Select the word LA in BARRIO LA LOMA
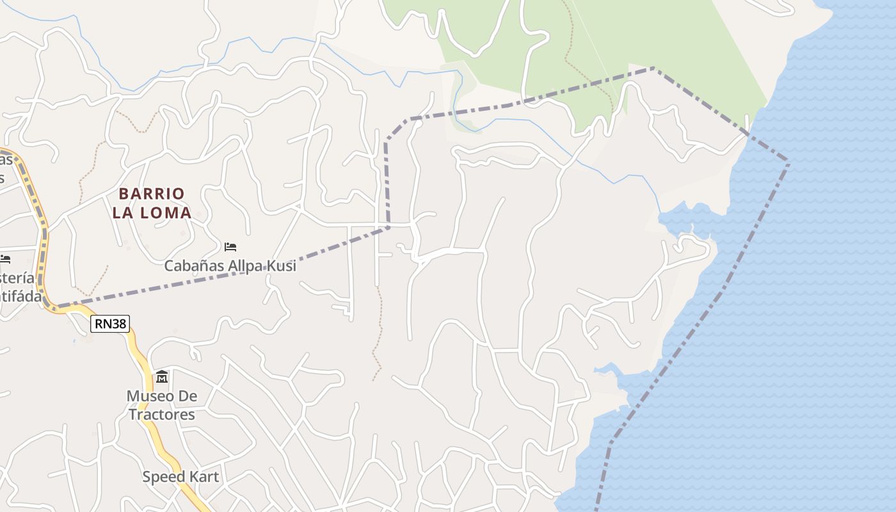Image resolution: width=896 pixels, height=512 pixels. tap(124, 213)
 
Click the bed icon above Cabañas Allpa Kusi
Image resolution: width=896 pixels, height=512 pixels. tap(230, 246)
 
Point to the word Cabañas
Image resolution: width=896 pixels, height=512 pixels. tap(190, 266)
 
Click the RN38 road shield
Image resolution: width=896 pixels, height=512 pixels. tap(110, 324)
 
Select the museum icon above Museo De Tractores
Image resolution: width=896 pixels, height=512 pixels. tap(161, 377)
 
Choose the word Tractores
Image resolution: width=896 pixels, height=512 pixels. tap(161, 414)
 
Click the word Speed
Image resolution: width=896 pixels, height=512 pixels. tap(163, 477)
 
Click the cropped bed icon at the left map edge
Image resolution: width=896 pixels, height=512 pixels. tap(5, 259)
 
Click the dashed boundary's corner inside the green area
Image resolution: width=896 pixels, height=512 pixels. tap(653, 68)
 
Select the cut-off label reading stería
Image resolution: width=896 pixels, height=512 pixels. tap(17, 278)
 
